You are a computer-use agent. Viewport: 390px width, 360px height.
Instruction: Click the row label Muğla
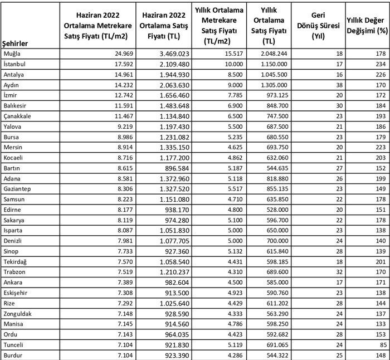coord(12,53)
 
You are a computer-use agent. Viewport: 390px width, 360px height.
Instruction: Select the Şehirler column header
coord(16,43)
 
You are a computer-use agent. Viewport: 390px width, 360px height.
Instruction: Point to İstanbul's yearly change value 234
coord(379,64)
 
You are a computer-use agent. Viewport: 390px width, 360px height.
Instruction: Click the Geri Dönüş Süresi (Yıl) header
coord(322,26)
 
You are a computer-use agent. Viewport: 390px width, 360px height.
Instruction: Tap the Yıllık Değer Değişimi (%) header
coord(367,26)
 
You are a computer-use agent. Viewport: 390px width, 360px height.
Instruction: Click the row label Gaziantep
coord(17,189)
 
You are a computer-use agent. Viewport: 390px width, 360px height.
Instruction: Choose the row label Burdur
coord(13,356)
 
